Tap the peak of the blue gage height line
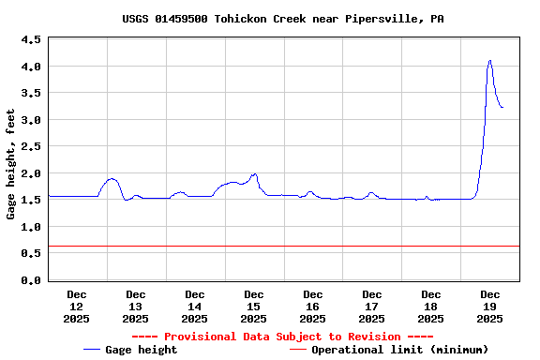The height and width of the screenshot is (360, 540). point(489,61)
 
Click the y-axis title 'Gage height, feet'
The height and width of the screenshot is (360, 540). point(11,164)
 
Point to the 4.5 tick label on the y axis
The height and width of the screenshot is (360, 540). point(30,40)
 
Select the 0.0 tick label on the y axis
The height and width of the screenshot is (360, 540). point(30,280)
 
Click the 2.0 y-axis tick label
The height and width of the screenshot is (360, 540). point(30,173)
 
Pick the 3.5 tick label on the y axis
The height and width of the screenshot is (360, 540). point(30,94)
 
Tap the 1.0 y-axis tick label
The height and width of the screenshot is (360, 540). point(30,227)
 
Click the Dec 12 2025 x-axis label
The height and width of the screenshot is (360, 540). point(77,307)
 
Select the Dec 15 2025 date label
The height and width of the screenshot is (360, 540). point(254,307)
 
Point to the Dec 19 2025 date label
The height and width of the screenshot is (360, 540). point(490,307)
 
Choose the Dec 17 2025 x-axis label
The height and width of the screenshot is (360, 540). point(372,307)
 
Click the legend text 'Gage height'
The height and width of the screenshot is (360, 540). point(142,350)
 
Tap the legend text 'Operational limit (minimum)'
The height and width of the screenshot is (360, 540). point(400,350)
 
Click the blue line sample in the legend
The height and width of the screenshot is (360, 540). point(92,350)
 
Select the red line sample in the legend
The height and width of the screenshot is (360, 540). point(298,350)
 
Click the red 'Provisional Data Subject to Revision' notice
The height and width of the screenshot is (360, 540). point(282,337)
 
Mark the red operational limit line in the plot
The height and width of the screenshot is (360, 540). point(281,247)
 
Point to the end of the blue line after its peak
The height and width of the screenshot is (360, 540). point(502,108)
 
